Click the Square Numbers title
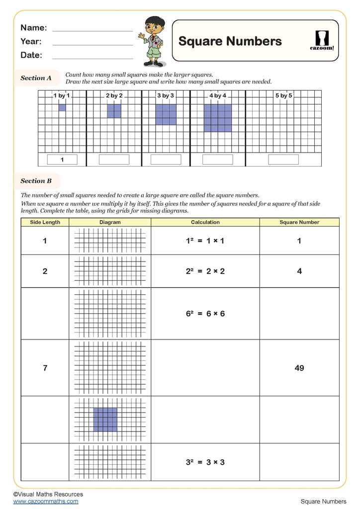230,41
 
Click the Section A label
36,78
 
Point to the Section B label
36,181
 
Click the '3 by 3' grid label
166,95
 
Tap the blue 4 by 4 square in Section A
218,118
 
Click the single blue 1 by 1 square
62,107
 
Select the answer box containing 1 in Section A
62,160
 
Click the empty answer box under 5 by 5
283,160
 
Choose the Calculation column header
205,222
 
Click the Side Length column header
45,222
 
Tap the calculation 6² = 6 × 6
205,314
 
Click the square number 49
299,368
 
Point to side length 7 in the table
45,368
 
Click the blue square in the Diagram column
105,420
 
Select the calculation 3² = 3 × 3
205,462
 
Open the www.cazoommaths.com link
46,502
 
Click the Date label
31,55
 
